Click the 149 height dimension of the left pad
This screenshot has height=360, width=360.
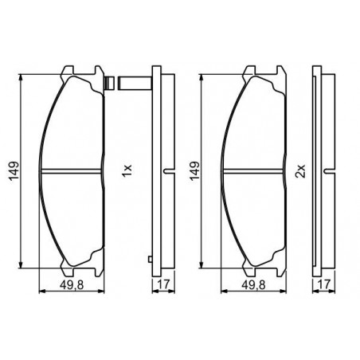[x=14, y=171]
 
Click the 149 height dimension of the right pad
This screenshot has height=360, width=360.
[x=194, y=171]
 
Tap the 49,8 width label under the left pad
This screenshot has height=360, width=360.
[x=72, y=285]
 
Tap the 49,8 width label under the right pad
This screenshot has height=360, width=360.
[x=253, y=285]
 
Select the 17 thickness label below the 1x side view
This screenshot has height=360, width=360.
[x=163, y=284]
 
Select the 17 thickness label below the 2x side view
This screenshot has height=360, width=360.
[x=324, y=284]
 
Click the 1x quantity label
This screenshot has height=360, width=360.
[x=127, y=171]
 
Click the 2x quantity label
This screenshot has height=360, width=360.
[x=300, y=171]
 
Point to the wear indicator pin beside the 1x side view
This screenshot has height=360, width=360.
[x=135, y=83]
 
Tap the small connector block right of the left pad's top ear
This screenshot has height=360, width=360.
[x=109, y=83]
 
